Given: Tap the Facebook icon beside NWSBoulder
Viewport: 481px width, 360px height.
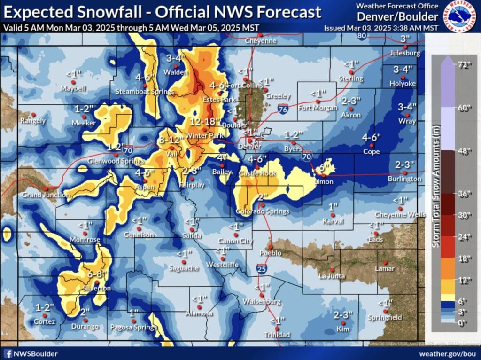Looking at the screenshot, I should tap(7, 353).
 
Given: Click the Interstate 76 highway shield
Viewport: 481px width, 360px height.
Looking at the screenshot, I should tap(283, 95).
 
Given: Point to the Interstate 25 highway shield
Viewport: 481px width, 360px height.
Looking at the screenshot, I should tap(262, 269).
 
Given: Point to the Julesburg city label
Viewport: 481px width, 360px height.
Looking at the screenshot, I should tap(405, 54).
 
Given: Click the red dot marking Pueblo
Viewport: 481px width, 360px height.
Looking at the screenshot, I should tap(270, 246).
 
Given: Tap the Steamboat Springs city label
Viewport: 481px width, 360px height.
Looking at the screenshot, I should tap(145, 92).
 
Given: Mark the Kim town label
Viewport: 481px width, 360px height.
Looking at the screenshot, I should tap(343, 330).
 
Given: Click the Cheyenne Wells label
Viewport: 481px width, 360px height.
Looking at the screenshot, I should tap(400, 215).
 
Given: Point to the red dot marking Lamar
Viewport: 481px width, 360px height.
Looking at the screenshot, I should tap(385, 263).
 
